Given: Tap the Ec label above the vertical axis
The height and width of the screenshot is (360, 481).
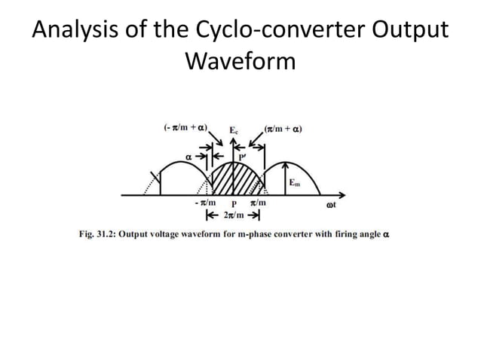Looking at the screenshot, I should click(x=235, y=130).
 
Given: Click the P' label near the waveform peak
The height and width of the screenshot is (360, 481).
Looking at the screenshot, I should click(x=243, y=157).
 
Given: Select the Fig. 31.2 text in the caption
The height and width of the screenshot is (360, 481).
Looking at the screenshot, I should click(x=100, y=234).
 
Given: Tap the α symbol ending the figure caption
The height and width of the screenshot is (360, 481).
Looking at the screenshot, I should click(x=386, y=234).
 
